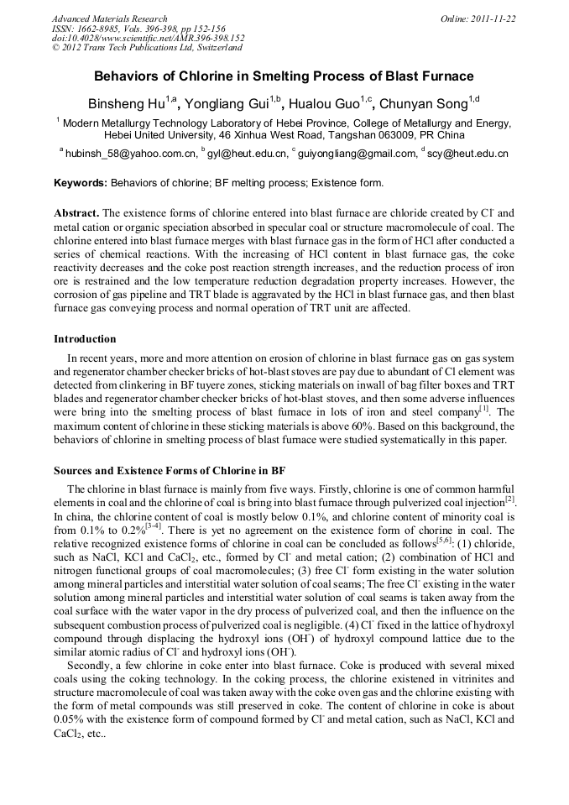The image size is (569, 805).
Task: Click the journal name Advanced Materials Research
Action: point(109,18)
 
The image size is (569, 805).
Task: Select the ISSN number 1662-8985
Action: point(98,29)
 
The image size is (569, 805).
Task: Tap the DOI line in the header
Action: point(148,39)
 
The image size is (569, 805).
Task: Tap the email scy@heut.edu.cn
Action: point(468,154)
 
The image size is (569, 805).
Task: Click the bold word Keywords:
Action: point(81,183)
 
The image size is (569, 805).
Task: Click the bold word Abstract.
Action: point(76,213)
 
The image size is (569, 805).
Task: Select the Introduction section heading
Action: point(85,339)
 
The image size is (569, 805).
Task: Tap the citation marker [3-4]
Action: point(153,525)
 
